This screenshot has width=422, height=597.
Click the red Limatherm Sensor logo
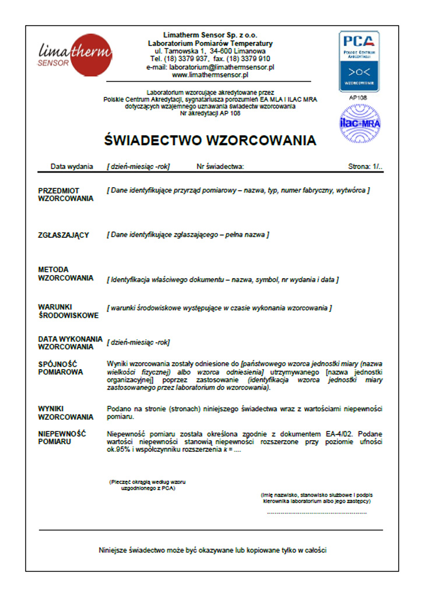point(74,53)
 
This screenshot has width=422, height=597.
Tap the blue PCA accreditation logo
point(359,61)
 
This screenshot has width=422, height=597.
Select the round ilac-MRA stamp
point(359,124)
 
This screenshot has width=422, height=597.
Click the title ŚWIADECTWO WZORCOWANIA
point(210,141)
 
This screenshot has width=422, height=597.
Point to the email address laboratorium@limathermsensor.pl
point(210,67)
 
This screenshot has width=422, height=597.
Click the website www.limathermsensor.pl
point(210,75)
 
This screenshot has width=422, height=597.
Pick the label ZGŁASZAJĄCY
point(64,235)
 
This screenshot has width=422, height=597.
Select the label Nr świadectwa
point(220,167)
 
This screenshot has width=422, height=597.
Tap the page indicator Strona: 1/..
point(365,167)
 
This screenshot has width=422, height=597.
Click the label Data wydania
point(72,167)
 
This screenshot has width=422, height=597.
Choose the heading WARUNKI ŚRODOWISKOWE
point(68,311)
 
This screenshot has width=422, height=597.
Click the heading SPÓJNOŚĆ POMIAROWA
point(61,368)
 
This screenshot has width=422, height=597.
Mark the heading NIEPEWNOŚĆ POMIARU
point(62,438)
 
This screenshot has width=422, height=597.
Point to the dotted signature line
point(316,512)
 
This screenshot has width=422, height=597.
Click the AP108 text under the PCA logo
point(358,97)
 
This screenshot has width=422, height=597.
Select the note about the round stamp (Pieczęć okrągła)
point(142,485)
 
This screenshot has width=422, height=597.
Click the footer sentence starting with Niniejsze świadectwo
point(216,550)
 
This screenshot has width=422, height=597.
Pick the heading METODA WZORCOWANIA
point(65,273)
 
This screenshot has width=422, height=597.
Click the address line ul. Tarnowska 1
point(210,51)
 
